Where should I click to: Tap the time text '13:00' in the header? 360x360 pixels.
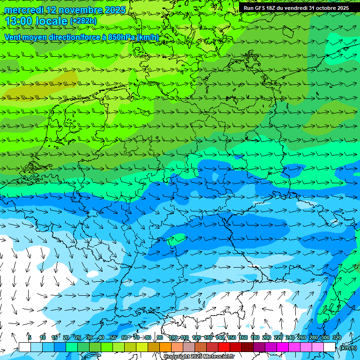[x=19, y=21]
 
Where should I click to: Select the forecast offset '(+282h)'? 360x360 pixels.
[x=83, y=21]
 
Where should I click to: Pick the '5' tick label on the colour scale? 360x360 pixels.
[x=30, y=337]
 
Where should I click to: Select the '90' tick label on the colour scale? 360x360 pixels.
[x=160, y=337]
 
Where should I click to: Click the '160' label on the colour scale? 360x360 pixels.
[x=243, y=337]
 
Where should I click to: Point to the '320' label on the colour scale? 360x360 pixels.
[x=337, y=337]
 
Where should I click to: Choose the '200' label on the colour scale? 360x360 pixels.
[x=266, y=337]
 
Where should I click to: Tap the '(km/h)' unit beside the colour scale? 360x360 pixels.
[x=347, y=348]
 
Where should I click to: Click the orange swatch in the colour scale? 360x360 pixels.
[x=165, y=347]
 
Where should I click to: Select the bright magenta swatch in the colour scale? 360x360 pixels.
[x=283, y=347]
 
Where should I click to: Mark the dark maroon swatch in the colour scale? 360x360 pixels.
[x=247, y=347]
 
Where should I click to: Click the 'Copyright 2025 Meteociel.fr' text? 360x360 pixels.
[x=199, y=357]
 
